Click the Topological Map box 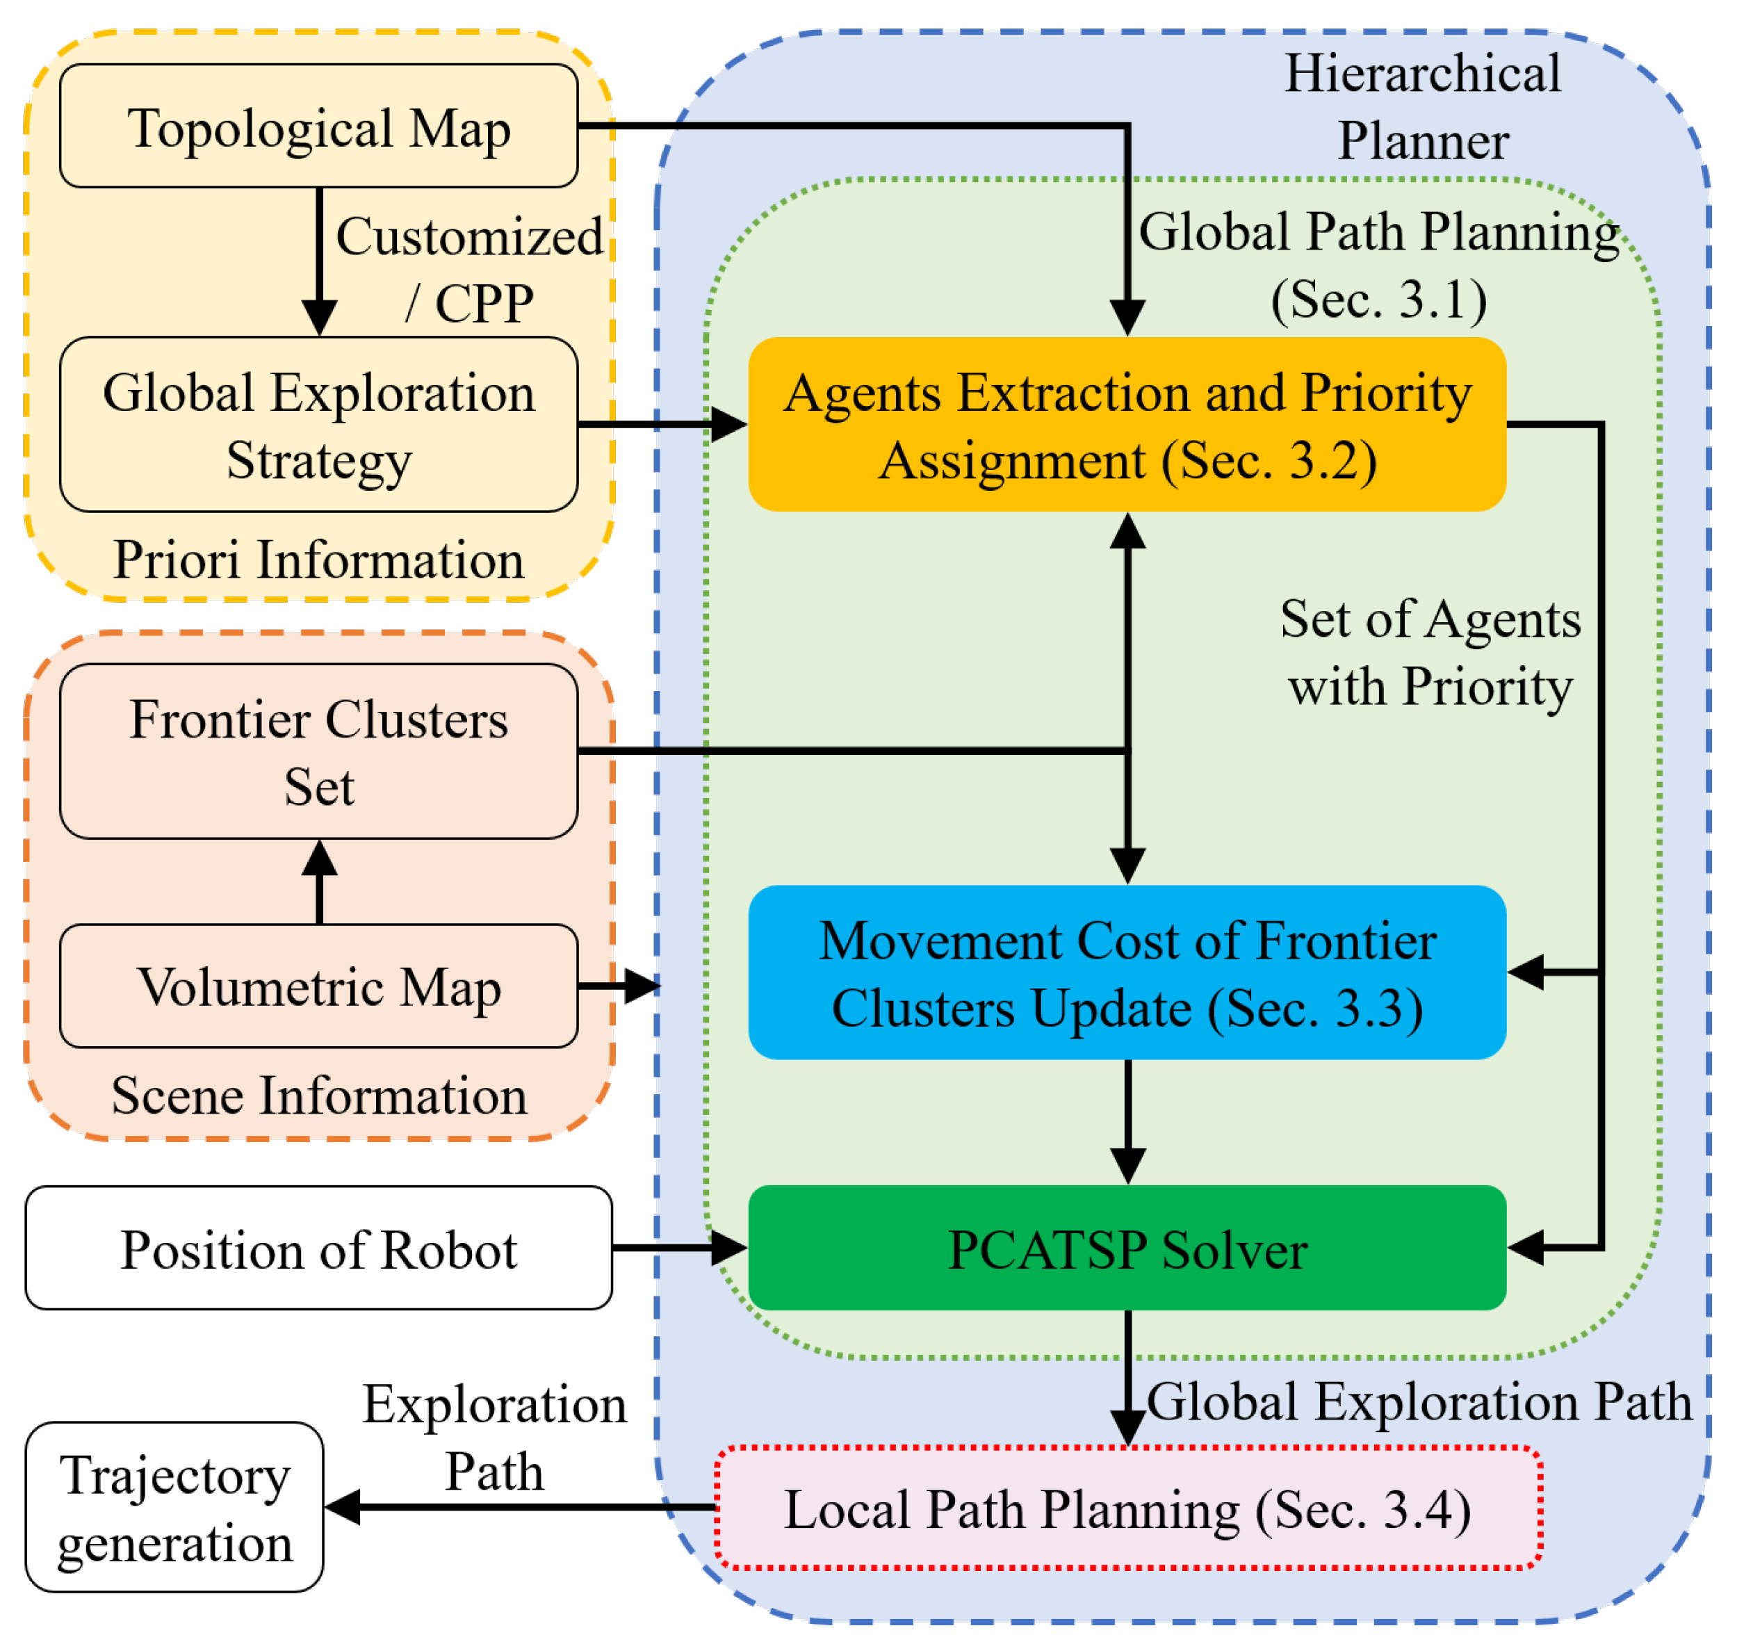(x=318, y=126)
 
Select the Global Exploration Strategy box (x=318, y=424)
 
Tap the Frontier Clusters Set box (x=318, y=751)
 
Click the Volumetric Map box (x=318, y=986)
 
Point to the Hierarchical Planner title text (x=1422, y=106)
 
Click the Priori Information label (x=318, y=560)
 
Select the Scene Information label (x=318, y=1096)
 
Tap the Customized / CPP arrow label (x=469, y=269)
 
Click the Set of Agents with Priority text (x=1430, y=652)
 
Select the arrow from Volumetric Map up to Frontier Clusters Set (x=320, y=880)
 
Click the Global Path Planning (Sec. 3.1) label (x=1378, y=265)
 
